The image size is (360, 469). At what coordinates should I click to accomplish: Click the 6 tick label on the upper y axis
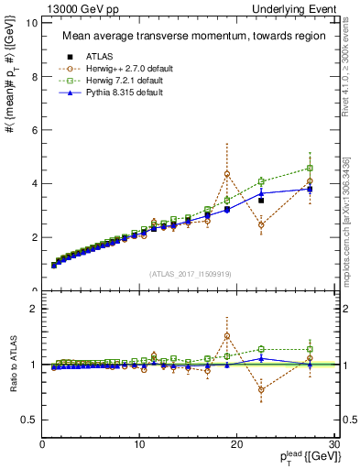[x=34, y=130]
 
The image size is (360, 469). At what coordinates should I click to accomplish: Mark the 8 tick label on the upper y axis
[x=34, y=77]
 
